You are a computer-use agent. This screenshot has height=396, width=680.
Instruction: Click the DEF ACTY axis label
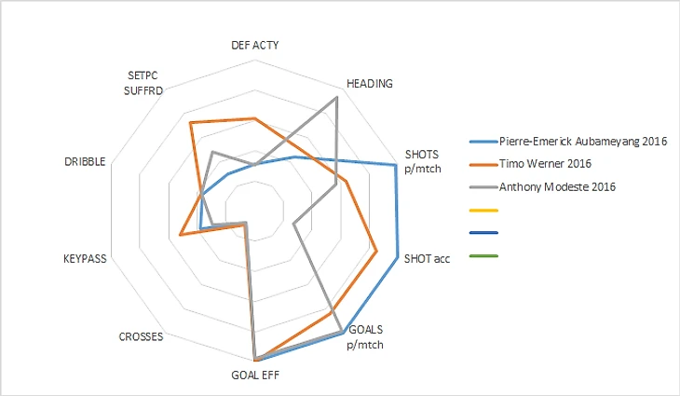pyautogui.click(x=254, y=45)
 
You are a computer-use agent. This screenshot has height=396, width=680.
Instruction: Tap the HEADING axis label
pyautogui.click(x=369, y=83)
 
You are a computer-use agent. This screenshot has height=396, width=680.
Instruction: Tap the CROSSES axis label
pyautogui.click(x=142, y=336)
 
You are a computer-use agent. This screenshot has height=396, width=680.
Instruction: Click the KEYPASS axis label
pyautogui.click(x=85, y=258)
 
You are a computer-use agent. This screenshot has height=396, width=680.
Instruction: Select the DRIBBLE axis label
pyautogui.click(x=85, y=161)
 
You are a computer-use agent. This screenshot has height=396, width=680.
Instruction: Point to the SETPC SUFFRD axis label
pyautogui.click(x=144, y=83)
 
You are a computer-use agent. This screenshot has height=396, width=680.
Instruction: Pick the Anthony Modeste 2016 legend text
pyautogui.click(x=558, y=186)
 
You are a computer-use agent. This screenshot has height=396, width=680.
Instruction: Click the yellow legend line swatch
pyautogui.click(x=484, y=210)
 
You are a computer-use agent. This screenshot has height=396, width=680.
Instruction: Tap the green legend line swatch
pyautogui.click(x=484, y=255)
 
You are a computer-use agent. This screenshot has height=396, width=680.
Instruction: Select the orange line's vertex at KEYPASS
pyautogui.click(x=180, y=236)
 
